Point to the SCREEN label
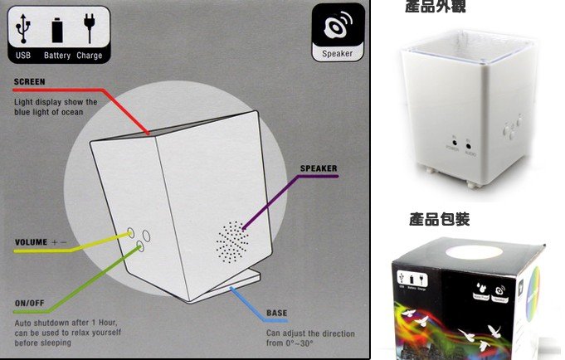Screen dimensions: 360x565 point(29,82)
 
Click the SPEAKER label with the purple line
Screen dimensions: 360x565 point(319,168)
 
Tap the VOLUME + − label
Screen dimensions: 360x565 point(41,243)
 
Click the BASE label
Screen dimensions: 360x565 point(276,314)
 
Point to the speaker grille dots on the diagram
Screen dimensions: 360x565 point(233,240)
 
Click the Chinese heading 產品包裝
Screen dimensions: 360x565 point(440,220)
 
